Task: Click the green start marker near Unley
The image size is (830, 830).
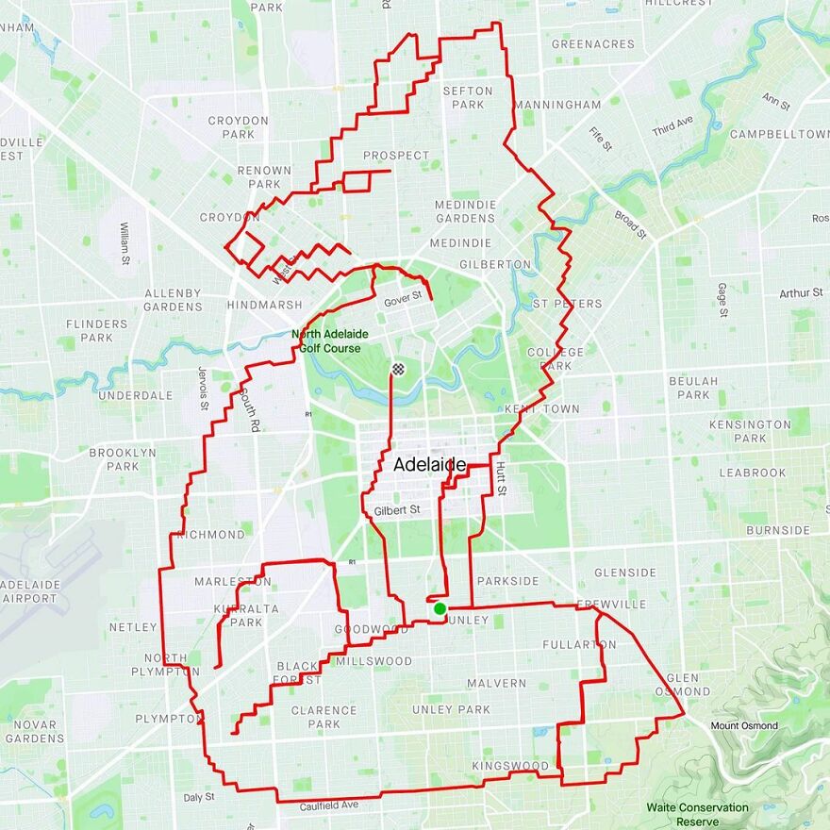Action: click(440, 608)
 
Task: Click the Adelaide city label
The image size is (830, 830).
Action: click(429, 465)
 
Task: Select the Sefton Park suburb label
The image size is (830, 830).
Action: click(467, 98)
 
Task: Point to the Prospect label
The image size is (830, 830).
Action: click(396, 156)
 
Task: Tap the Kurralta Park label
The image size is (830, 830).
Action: click(246, 616)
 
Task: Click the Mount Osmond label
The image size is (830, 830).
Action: click(744, 725)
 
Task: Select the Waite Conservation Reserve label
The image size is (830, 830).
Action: click(698, 814)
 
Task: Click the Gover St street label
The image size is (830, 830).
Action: click(403, 302)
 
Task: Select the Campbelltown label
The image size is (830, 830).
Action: click(779, 134)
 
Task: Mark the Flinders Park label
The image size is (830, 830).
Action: click(96, 330)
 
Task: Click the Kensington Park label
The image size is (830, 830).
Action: click(750, 431)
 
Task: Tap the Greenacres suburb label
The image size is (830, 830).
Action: click(593, 43)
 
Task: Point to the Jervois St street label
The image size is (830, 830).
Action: click(204, 388)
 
